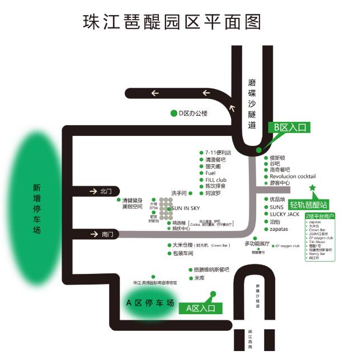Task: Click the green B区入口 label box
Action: [289, 127]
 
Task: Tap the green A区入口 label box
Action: [200, 307]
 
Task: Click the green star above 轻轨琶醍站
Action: [313, 187]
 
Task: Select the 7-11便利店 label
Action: [218, 153]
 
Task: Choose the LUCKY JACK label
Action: [285, 214]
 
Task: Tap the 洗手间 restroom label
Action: [178, 193]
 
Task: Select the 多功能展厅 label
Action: [257, 244]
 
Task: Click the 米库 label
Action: [200, 278]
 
